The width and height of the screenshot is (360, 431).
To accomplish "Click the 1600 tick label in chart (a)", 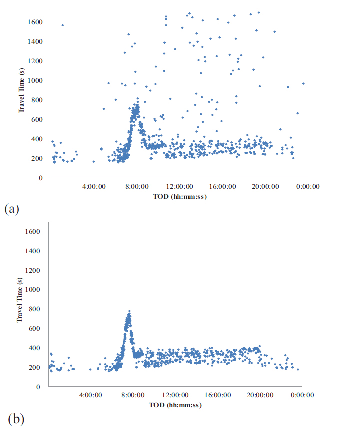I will click(x=36, y=22).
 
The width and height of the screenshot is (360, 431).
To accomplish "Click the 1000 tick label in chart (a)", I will click(x=36, y=80).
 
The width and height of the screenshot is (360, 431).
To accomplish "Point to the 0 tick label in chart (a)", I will click(x=41, y=178).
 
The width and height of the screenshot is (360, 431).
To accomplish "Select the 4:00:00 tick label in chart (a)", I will click(x=94, y=186).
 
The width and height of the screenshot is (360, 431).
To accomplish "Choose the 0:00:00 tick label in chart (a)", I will click(x=307, y=186).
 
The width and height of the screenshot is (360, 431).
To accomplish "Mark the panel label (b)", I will click(x=16, y=418).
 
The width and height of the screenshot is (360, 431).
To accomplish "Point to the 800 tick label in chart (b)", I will click(x=34, y=309).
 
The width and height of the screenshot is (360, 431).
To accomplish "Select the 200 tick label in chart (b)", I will click(x=34, y=367).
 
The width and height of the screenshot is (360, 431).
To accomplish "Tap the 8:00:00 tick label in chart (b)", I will click(x=133, y=395).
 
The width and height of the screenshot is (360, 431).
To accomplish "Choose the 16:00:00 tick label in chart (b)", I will click(x=218, y=395).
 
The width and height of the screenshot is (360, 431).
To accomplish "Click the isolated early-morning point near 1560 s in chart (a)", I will click(x=62, y=25).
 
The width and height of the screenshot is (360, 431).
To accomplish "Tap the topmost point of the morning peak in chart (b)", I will click(x=129, y=311).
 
